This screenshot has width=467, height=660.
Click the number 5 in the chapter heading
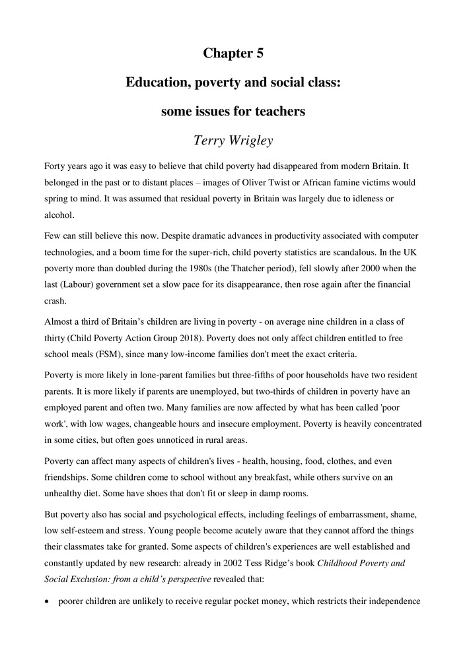(x=258, y=53)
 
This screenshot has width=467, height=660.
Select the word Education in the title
(x=158, y=82)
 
